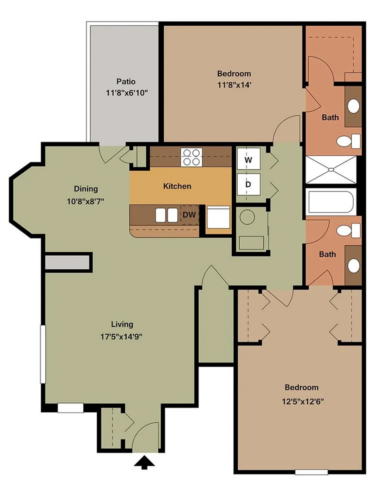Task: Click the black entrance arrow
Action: pyautogui.click(x=144, y=462)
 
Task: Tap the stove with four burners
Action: pyautogui.click(x=191, y=157)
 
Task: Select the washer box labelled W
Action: pyautogui.click(x=248, y=159)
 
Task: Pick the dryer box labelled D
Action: pyautogui.click(x=248, y=184)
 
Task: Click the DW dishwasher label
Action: pyautogui.click(x=189, y=215)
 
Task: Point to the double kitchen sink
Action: pyautogui.click(x=166, y=215)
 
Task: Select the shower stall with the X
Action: pyautogui.click(x=331, y=170)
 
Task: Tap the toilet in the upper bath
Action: pyautogui.click(x=348, y=141)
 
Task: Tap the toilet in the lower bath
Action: pyautogui.click(x=348, y=231)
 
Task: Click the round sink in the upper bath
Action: pyautogui.click(x=353, y=106)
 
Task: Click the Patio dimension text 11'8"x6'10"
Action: pyautogui.click(x=127, y=93)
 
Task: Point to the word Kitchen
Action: pyautogui.click(x=177, y=186)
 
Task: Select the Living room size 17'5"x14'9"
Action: pyautogui.click(x=121, y=337)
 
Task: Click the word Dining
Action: pyautogui.click(x=86, y=189)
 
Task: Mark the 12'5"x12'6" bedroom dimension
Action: pyautogui.click(x=303, y=401)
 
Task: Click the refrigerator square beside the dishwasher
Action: pyautogui.click(x=218, y=217)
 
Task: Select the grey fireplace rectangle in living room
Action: pyautogui.click(x=67, y=262)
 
